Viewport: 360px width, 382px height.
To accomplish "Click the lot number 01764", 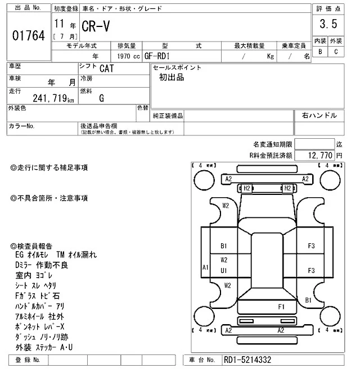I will click(28, 36).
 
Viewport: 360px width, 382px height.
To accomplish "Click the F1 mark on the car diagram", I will click(281, 306).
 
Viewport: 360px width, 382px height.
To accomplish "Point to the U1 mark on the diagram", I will click(224, 270).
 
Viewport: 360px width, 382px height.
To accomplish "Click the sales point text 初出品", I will click(172, 78).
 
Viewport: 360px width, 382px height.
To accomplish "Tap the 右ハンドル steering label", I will click(319, 116).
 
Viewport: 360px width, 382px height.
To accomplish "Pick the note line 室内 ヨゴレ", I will click(35, 275).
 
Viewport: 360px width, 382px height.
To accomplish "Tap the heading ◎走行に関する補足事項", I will click(49, 167).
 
